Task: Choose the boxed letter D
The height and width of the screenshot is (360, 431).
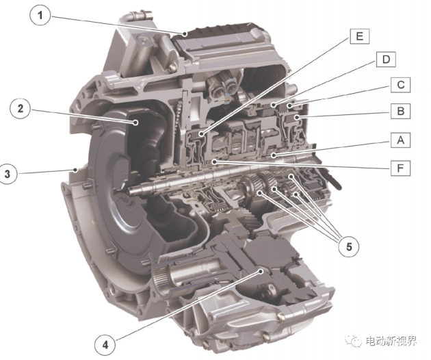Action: (x=386, y=60)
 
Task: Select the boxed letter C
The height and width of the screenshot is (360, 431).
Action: (x=401, y=85)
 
